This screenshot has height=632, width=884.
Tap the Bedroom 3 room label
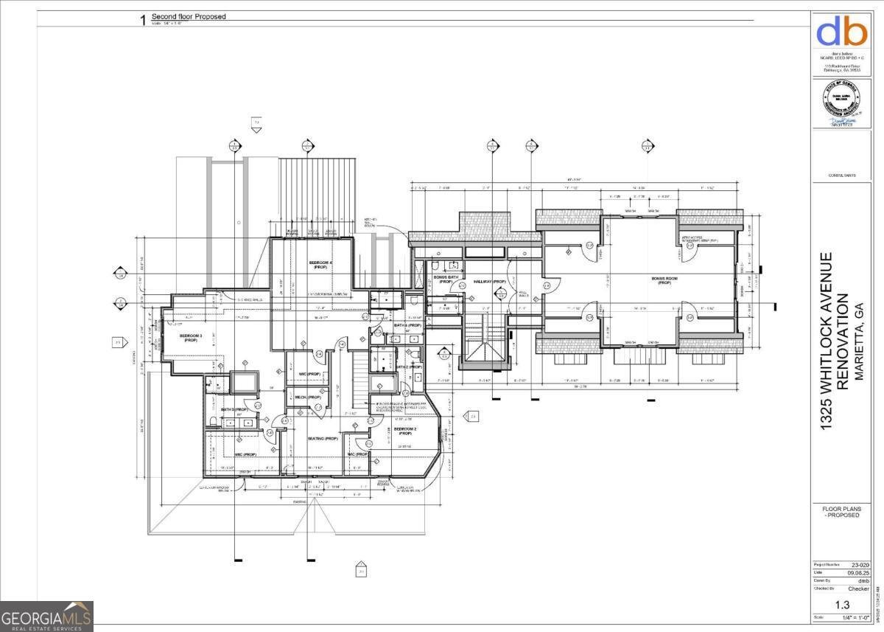tap(191, 338)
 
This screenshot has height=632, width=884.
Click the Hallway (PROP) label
tap(490, 282)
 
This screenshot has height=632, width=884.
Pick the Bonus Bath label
tap(446, 279)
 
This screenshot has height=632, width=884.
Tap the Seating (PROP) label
tap(323, 439)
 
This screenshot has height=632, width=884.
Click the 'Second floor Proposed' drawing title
tap(189, 16)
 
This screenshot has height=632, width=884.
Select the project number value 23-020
tap(857, 565)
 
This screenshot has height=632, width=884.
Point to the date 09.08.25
tap(856, 572)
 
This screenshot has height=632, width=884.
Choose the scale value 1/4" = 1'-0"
tap(855, 617)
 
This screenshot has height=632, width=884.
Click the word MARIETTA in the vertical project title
tap(856, 347)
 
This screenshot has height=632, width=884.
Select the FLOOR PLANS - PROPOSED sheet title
tap(841, 512)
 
